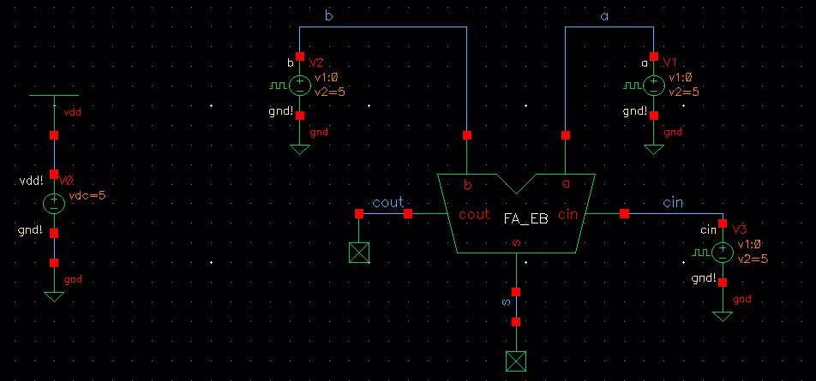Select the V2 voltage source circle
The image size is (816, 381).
[x=299, y=86]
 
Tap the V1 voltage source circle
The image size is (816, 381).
[x=654, y=86]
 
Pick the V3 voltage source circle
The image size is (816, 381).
[x=723, y=252]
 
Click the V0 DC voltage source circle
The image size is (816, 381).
[x=54, y=203]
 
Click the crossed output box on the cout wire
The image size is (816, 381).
[x=358, y=253]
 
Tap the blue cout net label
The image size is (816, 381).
[x=387, y=203]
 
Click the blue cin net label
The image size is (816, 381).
[x=673, y=203]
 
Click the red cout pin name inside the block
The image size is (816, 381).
[x=474, y=215]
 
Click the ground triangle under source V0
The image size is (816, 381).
[x=54, y=297]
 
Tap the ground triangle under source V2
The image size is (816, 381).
[x=299, y=150]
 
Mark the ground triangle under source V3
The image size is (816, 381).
[x=723, y=316]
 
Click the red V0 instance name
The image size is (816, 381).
[x=67, y=181]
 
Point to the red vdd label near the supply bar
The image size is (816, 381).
[x=73, y=112]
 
